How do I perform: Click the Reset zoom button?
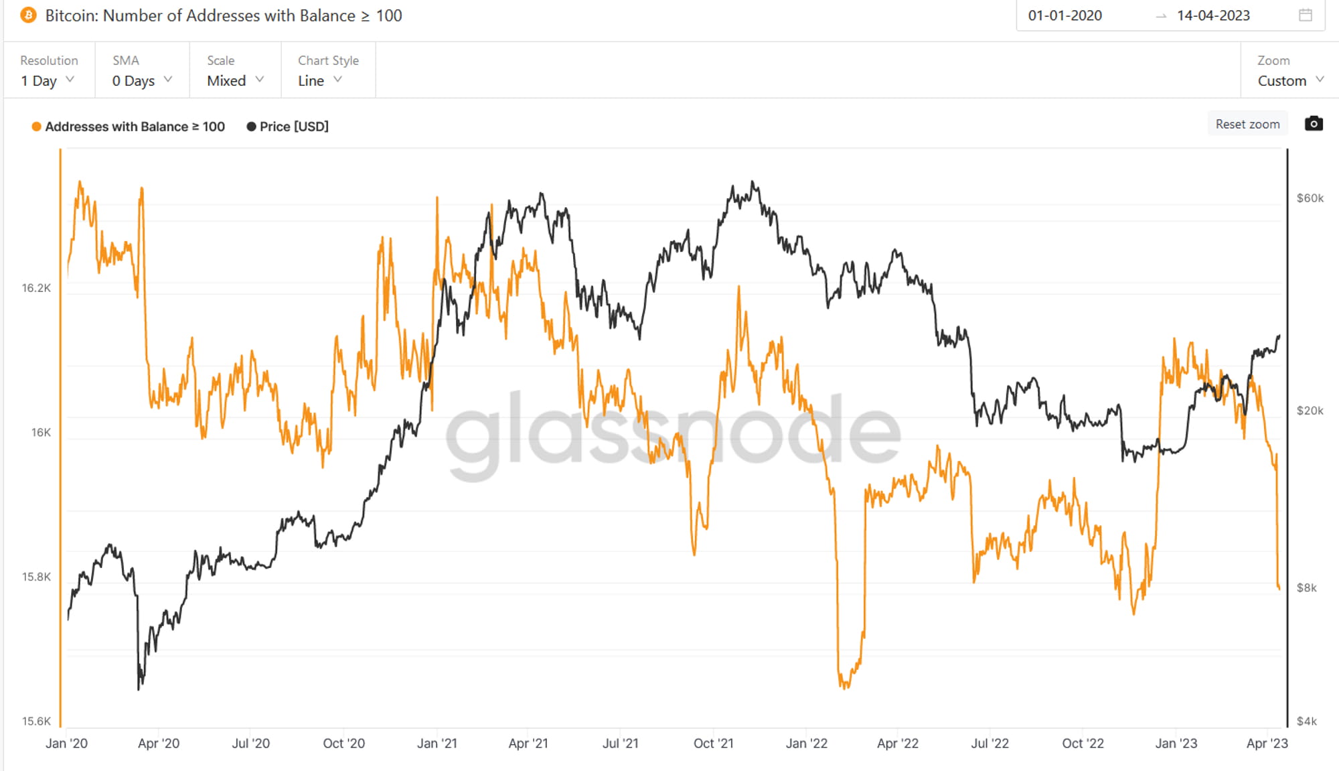tap(1247, 124)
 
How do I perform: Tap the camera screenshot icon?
tap(1314, 123)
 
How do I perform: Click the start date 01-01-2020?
tap(1065, 15)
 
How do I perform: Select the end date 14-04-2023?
tap(1213, 15)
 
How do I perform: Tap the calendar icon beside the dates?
tap(1306, 15)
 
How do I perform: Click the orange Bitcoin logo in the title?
tap(29, 15)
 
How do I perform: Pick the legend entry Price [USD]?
tap(288, 127)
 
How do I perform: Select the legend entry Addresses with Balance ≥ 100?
tap(129, 127)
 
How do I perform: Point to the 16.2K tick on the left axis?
tap(36, 288)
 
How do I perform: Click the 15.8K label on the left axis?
tap(36, 577)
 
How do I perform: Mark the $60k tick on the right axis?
tap(1310, 198)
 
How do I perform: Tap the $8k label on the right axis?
tap(1307, 588)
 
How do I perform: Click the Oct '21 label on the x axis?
tap(714, 744)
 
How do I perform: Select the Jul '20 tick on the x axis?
tap(251, 744)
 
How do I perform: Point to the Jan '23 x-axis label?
tap(1176, 744)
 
